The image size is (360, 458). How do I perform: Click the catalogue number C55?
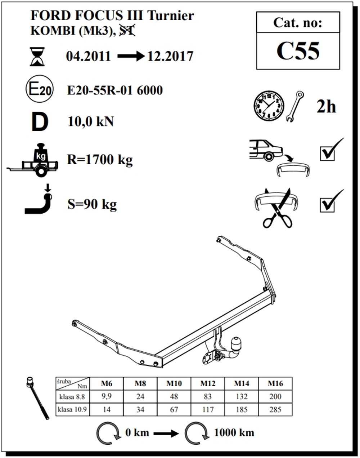(298, 51)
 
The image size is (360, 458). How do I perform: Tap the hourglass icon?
(37, 57)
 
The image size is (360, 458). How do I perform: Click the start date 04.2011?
(89, 57)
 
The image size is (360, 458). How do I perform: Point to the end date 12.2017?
(170, 57)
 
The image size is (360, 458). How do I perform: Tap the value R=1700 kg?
(100, 159)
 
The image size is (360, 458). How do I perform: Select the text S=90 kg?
(92, 204)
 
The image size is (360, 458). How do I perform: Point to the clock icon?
(269, 106)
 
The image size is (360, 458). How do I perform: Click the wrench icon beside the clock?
(295, 106)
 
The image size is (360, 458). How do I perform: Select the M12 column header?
(208, 384)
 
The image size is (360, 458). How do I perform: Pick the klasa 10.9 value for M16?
(275, 410)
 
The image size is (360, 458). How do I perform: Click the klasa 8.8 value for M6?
(107, 397)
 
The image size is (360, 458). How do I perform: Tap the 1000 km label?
(234, 432)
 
